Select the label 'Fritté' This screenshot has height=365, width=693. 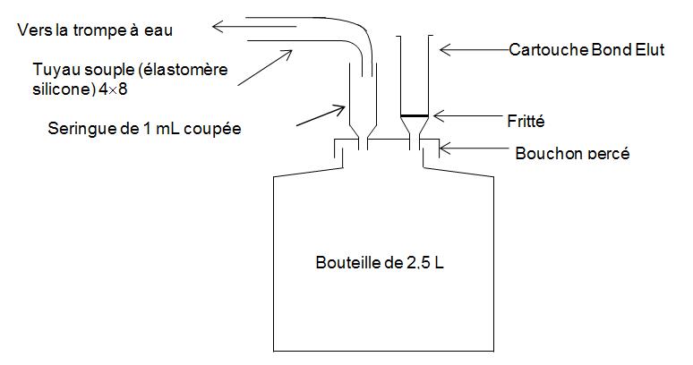pos(526,120)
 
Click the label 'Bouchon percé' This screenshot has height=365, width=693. pos(572,153)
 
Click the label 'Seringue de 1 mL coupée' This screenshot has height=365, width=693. pos(144,129)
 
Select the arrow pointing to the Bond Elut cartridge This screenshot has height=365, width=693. pos(471,50)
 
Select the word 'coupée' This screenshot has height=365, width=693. pos(216,129)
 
